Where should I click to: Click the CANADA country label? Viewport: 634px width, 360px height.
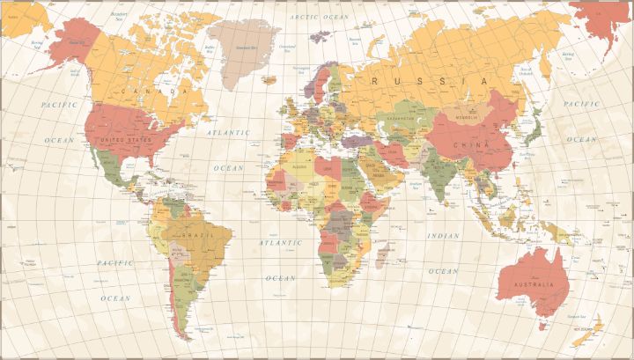[155, 90]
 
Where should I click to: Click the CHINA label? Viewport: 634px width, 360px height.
[466, 144]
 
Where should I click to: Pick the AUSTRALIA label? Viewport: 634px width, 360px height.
[534, 285]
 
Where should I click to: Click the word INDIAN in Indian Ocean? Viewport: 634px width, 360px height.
[443, 236]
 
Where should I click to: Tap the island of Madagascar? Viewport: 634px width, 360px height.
[384, 255]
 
